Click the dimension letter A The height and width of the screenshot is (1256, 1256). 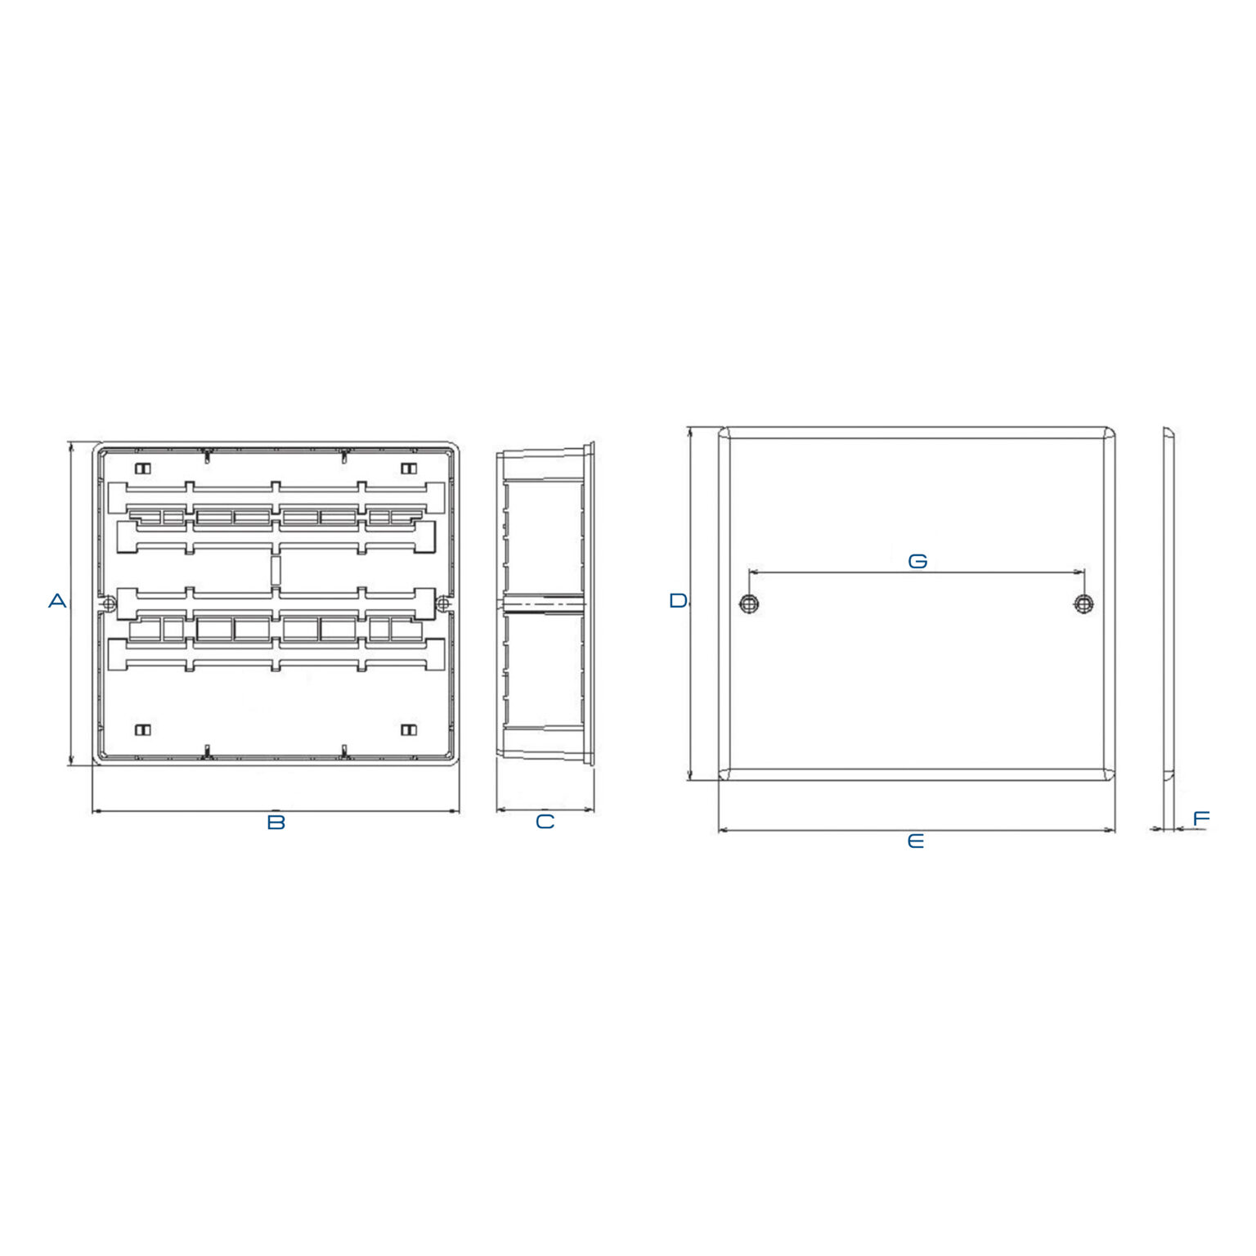(x=57, y=601)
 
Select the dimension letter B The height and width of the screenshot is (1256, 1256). (x=276, y=822)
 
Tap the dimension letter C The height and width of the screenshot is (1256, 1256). (x=545, y=822)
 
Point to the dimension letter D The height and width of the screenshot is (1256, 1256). (x=678, y=601)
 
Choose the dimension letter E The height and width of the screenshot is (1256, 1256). (x=916, y=841)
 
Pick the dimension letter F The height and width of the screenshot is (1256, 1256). (x=1200, y=819)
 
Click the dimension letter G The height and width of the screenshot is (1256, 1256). (x=917, y=561)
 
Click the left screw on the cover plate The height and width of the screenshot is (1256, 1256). (x=749, y=604)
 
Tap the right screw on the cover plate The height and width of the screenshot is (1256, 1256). (x=1083, y=604)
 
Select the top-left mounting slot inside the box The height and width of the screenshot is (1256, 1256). (x=143, y=469)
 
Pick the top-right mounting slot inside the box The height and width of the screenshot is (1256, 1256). (x=409, y=469)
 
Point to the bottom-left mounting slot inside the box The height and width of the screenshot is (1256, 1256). (x=143, y=729)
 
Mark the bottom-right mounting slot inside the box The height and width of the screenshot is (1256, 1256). (x=409, y=729)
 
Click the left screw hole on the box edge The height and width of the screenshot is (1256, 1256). (x=109, y=604)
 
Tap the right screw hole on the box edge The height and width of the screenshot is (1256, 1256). (x=442, y=604)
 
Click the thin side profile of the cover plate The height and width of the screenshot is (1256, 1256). (x=1169, y=603)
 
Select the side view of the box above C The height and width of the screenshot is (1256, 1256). (x=545, y=605)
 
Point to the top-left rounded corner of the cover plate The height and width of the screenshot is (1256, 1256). (x=724, y=433)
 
